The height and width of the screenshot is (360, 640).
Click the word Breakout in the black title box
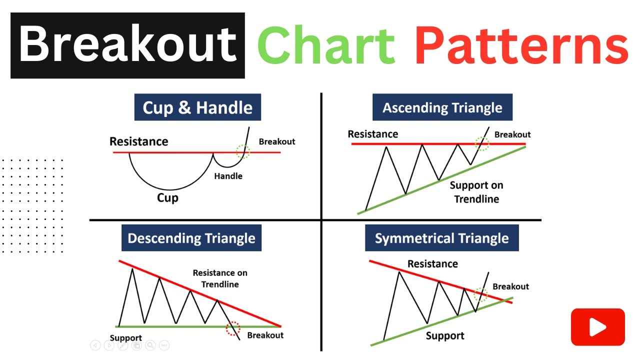pyautogui.click(x=127, y=45)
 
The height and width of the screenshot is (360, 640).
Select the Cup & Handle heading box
pyautogui.click(x=197, y=108)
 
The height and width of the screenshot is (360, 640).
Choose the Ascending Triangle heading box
pyautogui.click(x=442, y=108)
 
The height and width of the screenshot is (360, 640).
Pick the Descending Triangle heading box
pyautogui.click(x=191, y=238)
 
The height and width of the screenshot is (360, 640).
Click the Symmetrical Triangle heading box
pyautogui.click(x=441, y=238)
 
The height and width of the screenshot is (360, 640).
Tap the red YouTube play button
pyautogui.click(x=597, y=327)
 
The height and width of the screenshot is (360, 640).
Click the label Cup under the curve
pyautogui.click(x=167, y=198)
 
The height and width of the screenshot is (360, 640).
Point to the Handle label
pyautogui.click(x=228, y=176)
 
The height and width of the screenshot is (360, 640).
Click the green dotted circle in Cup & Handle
pyautogui.click(x=243, y=151)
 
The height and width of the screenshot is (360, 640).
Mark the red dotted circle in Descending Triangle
pyautogui.click(x=233, y=328)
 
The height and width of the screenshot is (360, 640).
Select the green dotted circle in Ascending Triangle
pyautogui.click(x=482, y=144)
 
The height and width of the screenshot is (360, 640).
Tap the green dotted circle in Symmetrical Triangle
pyautogui.click(x=480, y=294)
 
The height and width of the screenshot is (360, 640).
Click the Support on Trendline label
pyautogui.click(x=476, y=192)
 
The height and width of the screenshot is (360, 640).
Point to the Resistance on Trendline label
pyautogui.click(x=220, y=278)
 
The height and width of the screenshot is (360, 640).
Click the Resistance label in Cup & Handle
pyautogui.click(x=139, y=141)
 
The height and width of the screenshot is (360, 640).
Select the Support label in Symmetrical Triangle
pyautogui.click(x=445, y=336)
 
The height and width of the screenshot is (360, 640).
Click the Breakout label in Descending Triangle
pyautogui.click(x=265, y=335)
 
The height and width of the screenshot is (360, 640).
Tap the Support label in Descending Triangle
pyautogui.click(x=125, y=338)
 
